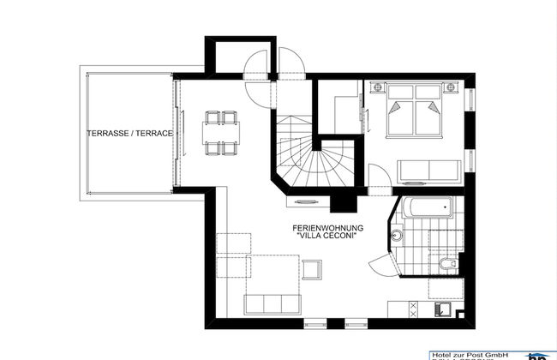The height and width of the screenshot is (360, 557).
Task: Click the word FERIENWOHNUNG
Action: click(x=328, y=227)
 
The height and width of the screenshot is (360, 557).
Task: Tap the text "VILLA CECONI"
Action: click(x=328, y=237)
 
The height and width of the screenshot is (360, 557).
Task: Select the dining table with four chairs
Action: click(x=219, y=132)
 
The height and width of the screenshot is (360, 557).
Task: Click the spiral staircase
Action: click(x=315, y=163)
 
